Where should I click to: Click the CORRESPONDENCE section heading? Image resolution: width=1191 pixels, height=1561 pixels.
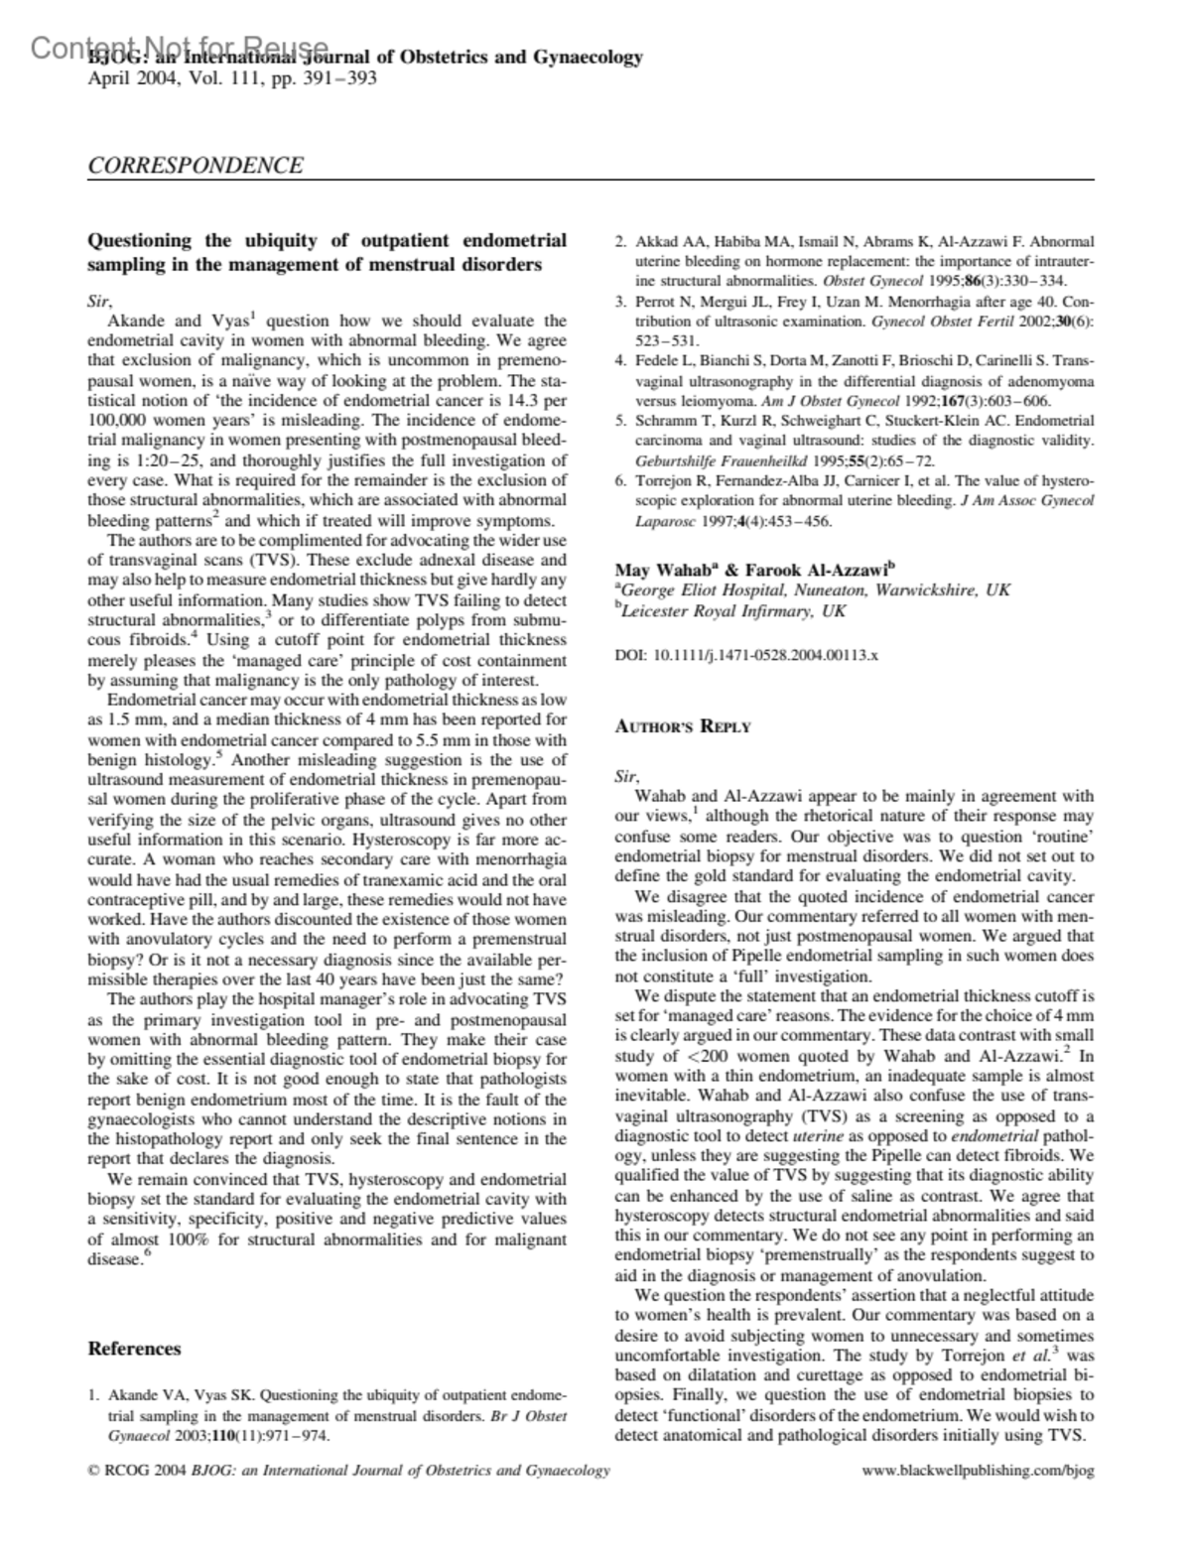tap(196, 166)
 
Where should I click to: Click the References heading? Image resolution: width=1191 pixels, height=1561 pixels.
tap(135, 1348)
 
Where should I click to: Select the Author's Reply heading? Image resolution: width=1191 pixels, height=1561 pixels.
tap(683, 725)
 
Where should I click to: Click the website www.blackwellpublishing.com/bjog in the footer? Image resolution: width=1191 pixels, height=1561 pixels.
tap(978, 1470)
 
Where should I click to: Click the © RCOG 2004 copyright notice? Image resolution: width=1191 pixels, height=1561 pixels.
tap(131, 1470)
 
